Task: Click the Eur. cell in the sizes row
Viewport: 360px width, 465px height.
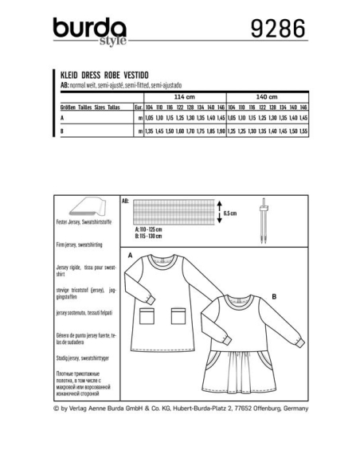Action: click(138, 106)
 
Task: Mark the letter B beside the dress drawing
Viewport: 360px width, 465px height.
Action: click(273, 295)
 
